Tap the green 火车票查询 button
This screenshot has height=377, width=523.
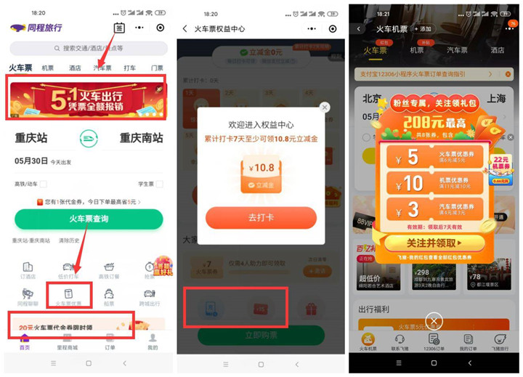tap(88, 219)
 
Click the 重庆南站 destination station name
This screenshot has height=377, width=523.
tap(141, 138)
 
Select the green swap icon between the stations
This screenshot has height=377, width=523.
tap(88, 138)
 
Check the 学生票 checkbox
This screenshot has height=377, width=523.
tap(158, 185)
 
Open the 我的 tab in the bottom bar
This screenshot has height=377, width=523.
tap(153, 342)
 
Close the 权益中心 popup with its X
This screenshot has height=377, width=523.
tap(325, 107)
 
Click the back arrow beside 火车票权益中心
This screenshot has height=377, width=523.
tap(185, 28)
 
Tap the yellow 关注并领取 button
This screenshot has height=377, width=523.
tap(434, 243)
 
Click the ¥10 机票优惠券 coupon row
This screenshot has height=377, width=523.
tap(434, 183)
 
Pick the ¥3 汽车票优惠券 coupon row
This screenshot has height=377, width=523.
tap(434, 211)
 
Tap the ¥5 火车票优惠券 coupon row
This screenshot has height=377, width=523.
tap(434, 156)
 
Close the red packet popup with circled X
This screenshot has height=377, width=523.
tap(434, 321)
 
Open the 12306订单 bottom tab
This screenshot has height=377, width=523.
tap(434, 342)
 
